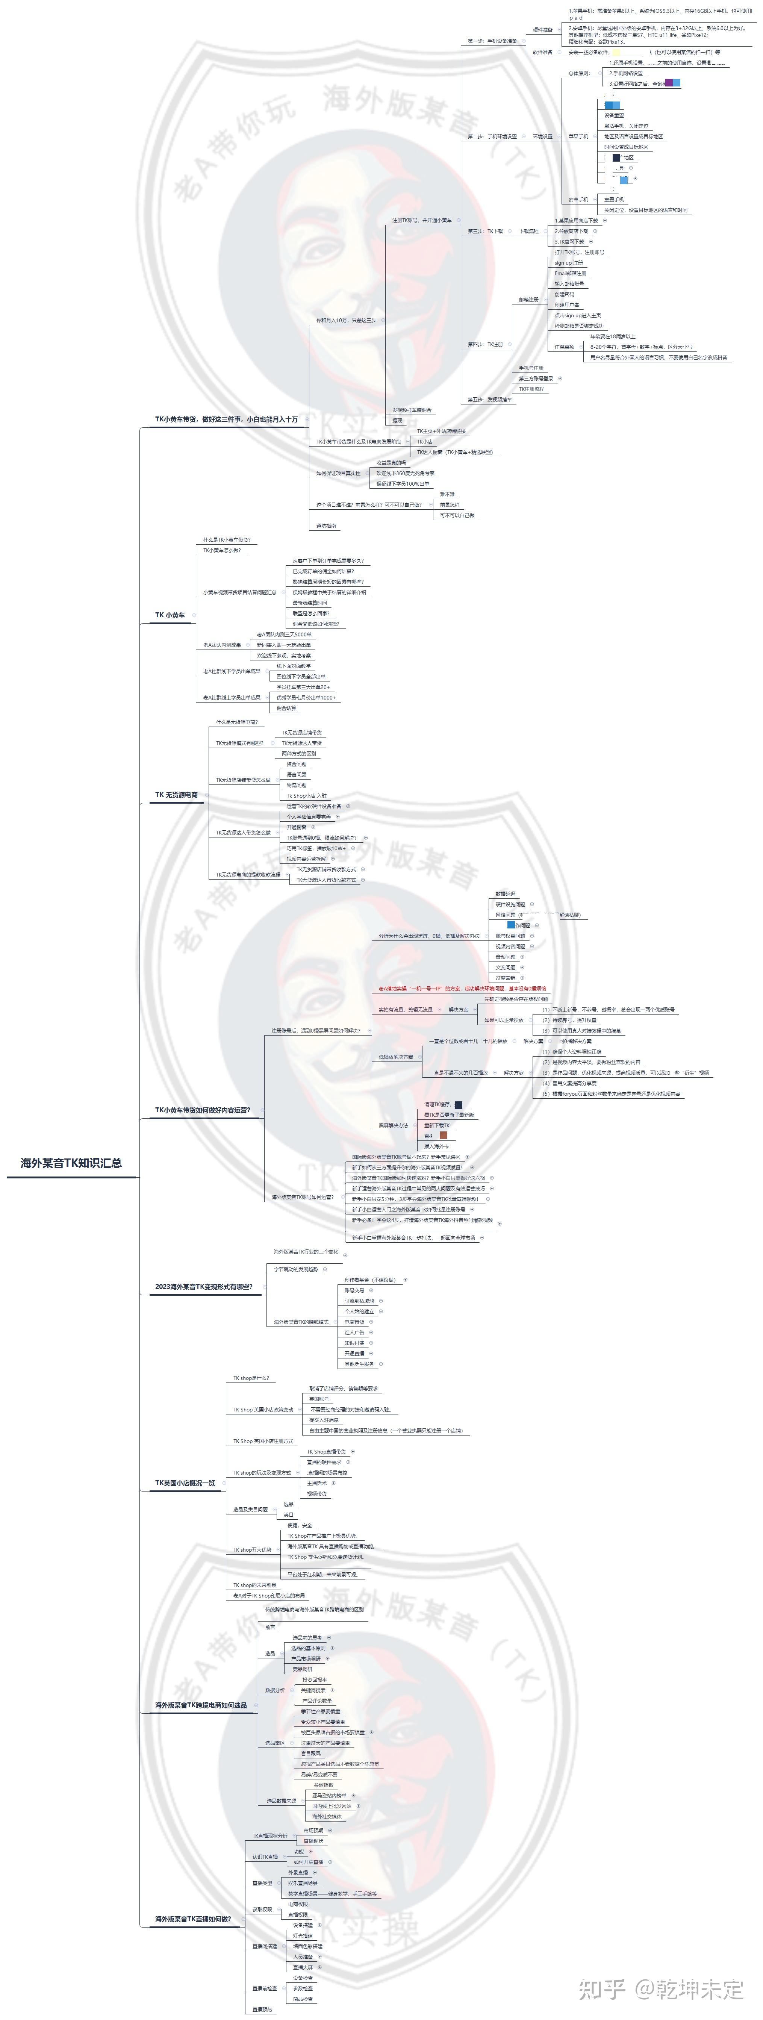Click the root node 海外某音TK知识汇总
pos(71,1163)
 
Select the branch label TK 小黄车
pos(170,616)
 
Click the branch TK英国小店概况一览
pos(185,1483)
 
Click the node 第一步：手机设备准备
pos(492,41)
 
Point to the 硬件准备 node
pos(543,30)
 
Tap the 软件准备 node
pos(543,53)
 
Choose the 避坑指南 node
pos(326,526)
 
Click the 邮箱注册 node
pos(528,300)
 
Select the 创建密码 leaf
pos(565,294)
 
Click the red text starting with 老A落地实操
pos(463,989)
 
